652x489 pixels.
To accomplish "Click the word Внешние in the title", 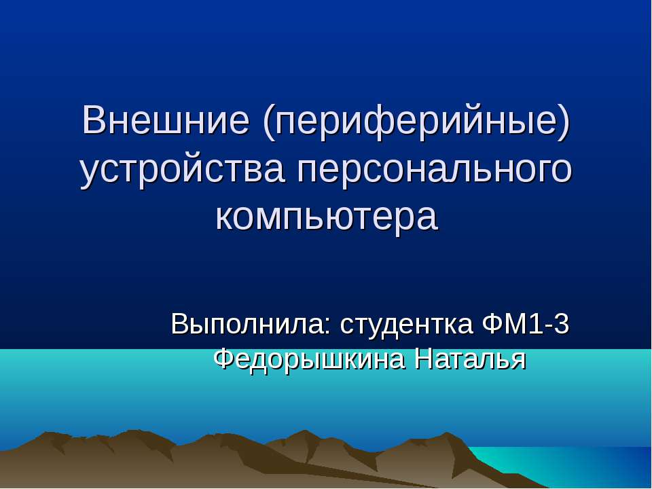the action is coord(166,120).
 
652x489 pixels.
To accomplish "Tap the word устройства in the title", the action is coord(183,170).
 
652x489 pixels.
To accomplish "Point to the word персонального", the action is coord(435,170).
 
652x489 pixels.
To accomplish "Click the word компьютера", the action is coord(327,217).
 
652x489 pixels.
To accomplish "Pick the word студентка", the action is coord(406,324).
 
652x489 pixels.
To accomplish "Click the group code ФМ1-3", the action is coord(526,323).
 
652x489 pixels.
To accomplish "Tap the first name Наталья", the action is coord(471,359).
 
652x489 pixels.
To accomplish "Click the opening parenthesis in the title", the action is coord(269,122).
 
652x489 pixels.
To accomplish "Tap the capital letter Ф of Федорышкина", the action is coord(225,359).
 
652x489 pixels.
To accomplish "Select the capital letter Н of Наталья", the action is coord(424,359).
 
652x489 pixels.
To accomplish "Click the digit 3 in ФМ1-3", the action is coord(561,323).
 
